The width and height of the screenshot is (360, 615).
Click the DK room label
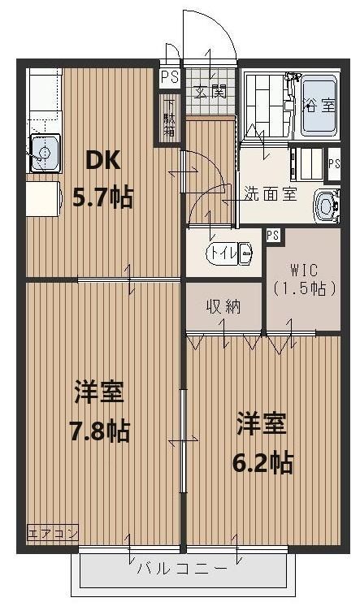tap(104, 161)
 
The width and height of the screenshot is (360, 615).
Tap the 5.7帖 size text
tap(103, 197)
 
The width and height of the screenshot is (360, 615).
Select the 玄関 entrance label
tap(209, 91)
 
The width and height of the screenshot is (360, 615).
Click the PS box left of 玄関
tap(169, 78)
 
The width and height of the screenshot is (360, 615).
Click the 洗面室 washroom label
tap(271, 193)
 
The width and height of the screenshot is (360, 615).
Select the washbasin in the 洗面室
tap(328, 206)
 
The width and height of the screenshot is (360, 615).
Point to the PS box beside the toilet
tap(273, 236)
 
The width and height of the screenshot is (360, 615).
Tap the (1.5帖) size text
tap(304, 288)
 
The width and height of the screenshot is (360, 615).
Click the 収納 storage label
tap(223, 306)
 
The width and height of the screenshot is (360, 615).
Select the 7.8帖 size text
tap(99, 430)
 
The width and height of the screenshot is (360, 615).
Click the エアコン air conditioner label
tap(53, 533)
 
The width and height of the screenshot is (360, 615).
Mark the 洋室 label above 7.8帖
tap(99, 393)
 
